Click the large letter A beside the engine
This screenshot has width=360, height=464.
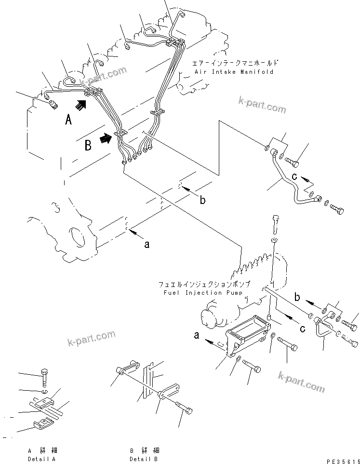click(68, 120)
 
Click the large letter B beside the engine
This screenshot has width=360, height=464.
click(88, 145)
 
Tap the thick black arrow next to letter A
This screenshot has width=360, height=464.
click(82, 104)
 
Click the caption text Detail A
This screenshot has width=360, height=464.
click(41, 459)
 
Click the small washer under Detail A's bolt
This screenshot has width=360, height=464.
click(44, 391)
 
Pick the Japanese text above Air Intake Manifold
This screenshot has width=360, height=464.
click(235, 63)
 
